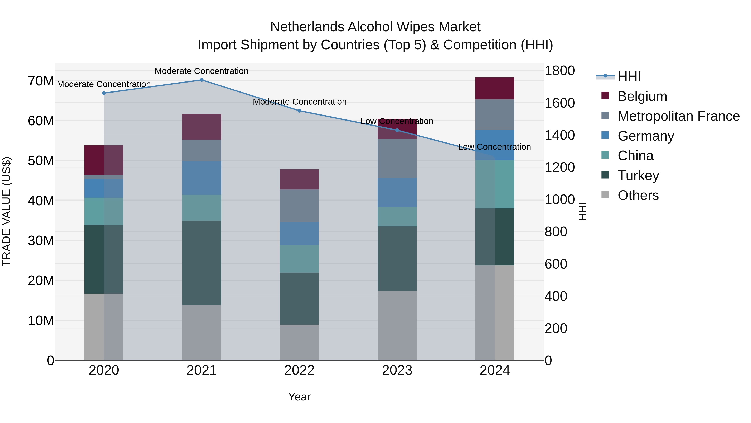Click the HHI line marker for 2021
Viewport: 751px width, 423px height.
(202, 80)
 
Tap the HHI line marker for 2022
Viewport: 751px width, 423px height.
(299, 111)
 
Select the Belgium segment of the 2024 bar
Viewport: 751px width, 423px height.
(495, 88)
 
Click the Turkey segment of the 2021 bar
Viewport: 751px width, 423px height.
(202, 263)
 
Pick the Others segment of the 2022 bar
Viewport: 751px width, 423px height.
(299, 342)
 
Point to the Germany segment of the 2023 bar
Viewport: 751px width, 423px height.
(397, 193)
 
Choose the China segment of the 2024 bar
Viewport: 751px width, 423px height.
(495, 184)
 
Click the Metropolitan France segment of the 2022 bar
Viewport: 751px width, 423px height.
(299, 206)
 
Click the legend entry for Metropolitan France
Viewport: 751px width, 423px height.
(678, 116)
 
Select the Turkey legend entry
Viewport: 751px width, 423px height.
(638, 175)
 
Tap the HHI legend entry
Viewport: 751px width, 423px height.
(629, 76)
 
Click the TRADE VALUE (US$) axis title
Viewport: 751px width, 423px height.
(7, 211)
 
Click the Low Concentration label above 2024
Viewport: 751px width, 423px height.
(494, 147)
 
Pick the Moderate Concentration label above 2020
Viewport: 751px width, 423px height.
(104, 84)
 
